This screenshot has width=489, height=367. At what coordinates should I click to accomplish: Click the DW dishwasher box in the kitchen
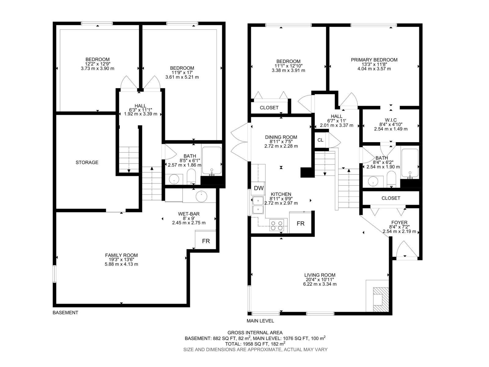pos(259,188)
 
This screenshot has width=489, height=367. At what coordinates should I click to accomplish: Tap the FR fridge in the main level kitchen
pos(300,223)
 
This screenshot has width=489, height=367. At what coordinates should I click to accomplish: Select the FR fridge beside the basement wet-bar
pos(206,241)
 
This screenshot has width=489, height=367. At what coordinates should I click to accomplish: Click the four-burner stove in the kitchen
pos(277,225)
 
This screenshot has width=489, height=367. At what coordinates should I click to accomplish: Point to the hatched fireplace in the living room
pos(380,300)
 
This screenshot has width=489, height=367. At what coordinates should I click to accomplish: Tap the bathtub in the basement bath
pos(211,161)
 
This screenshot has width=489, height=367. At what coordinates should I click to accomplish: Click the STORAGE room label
pos(87,162)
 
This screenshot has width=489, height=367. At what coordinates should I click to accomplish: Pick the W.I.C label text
pos(391,120)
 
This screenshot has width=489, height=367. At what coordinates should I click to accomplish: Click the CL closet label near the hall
pos(320,140)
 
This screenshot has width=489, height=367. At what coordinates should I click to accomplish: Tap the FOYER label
pos(399,223)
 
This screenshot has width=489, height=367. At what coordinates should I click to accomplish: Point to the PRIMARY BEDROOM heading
pos(374,60)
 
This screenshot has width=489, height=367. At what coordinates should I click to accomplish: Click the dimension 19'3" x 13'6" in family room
pos(121,260)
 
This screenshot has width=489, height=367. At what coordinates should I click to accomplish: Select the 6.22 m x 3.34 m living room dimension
pos(320,284)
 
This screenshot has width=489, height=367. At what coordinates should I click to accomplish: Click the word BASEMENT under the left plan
pos(65,313)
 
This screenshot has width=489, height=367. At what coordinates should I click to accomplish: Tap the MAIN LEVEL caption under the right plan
pos(260,321)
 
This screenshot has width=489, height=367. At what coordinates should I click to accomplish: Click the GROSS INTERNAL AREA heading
pos(255,332)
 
